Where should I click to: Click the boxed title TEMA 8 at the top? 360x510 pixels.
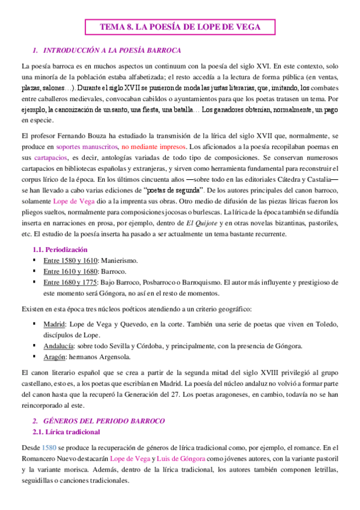(x=180, y=28)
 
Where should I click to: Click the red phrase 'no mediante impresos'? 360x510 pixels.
(x=153, y=146)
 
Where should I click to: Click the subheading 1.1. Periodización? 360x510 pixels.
(x=59, y=249)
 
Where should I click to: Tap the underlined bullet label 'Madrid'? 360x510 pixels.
(x=56, y=324)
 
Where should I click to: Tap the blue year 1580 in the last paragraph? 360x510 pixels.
(x=50, y=448)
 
